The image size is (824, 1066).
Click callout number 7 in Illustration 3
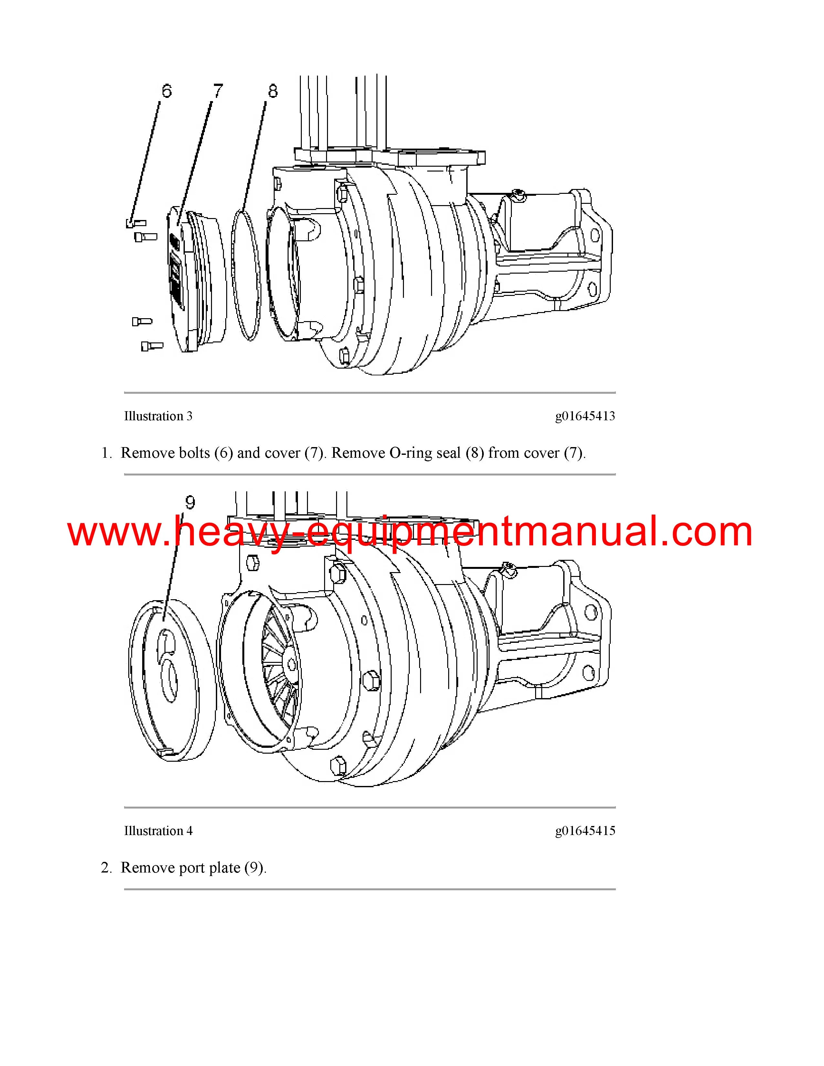click(x=218, y=91)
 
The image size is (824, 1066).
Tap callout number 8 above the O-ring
click(x=272, y=91)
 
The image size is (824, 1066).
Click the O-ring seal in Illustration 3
click(x=232, y=273)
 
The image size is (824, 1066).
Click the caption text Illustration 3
click(x=158, y=416)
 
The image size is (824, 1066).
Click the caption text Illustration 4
click(x=158, y=831)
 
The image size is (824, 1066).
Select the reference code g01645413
click(x=585, y=416)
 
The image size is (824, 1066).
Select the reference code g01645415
click(x=585, y=831)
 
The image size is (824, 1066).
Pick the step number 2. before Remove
click(x=106, y=868)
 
